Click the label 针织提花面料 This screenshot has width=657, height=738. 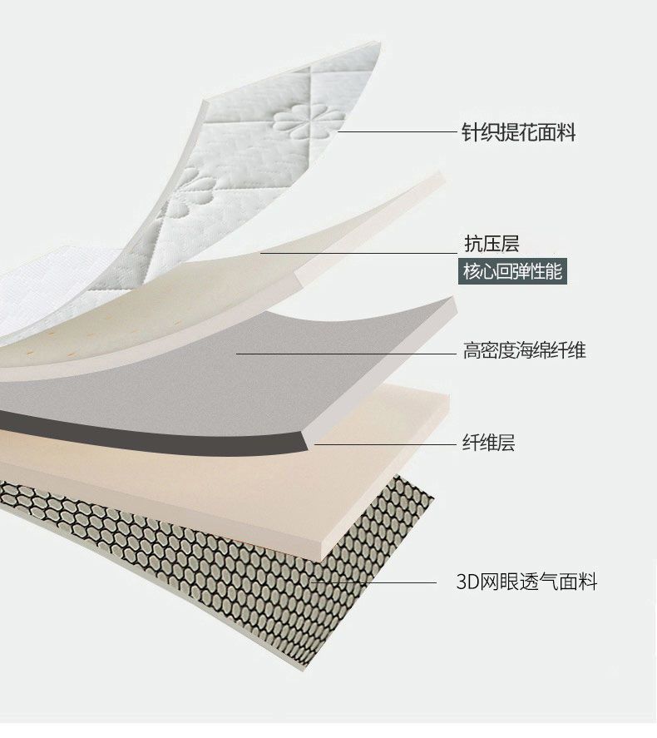518,132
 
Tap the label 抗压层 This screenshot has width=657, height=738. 491,244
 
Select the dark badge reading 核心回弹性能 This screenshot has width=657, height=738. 513,272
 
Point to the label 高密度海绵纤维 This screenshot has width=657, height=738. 524,350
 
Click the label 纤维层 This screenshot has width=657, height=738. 488,443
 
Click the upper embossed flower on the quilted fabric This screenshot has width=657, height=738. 308,121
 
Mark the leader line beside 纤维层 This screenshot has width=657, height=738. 383,443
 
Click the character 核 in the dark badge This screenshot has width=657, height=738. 471,272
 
